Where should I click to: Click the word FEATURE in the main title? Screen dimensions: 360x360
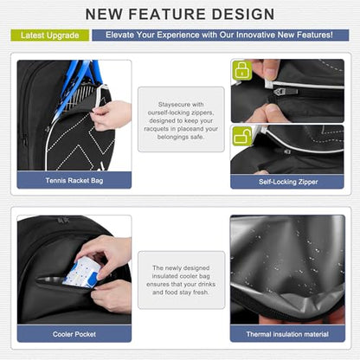coord(167,14)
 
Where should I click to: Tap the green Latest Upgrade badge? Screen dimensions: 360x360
coord(50,35)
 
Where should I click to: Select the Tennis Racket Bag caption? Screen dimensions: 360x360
coord(74,181)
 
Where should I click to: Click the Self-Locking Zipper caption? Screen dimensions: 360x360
coord(288,182)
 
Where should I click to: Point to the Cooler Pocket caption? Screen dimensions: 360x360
coord(74,334)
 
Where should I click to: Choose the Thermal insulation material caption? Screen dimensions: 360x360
coord(287,334)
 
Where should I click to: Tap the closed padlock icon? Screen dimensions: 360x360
coord(242,70)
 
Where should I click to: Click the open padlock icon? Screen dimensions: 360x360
coord(242,136)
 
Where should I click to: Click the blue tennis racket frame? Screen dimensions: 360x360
coord(75,87)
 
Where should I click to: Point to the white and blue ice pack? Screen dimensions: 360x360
coord(81,273)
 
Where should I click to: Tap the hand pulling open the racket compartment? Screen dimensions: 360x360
coord(111,115)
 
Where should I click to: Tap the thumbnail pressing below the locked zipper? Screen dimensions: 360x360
coord(272,108)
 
